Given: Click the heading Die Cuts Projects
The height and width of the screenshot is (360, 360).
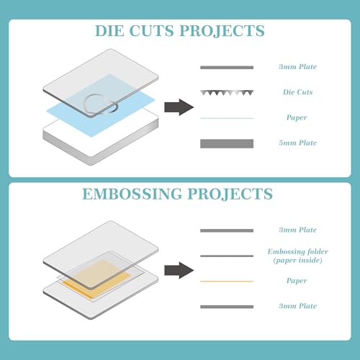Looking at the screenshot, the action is pyautogui.click(x=180, y=31).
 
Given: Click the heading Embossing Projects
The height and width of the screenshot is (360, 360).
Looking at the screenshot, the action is pyautogui.click(x=177, y=194).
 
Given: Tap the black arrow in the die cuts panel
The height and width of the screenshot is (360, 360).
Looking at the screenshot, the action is pyautogui.click(x=179, y=107).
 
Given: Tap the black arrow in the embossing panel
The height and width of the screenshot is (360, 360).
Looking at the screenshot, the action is pyautogui.click(x=179, y=270).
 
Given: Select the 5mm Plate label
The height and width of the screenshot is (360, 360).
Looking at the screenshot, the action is pyautogui.click(x=297, y=143).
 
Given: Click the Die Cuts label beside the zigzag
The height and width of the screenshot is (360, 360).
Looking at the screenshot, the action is pyautogui.click(x=297, y=92).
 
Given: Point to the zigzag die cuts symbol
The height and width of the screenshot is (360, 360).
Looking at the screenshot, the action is pyautogui.click(x=227, y=93).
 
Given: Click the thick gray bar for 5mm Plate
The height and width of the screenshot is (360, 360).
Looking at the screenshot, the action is pyautogui.click(x=227, y=143).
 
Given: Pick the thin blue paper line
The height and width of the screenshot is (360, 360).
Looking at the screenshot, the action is pyautogui.click(x=227, y=118).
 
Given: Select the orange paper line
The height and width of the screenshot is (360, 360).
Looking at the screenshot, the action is pyautogui.click(x=227, y=282).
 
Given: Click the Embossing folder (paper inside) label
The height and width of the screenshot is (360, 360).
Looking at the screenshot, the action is pyautogui.click(x=298, y=256).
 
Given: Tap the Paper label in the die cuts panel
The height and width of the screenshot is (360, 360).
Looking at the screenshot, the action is pyautogui.click(x=297, y=117).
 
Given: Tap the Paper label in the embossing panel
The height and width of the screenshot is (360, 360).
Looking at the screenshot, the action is pyautogui.click(x=297, y=281).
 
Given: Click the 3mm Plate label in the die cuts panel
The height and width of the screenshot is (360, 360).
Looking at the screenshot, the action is pyautogui.click(x=297, y=66).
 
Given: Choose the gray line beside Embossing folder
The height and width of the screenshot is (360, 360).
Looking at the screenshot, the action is pyautogui.click(x=227, y=256).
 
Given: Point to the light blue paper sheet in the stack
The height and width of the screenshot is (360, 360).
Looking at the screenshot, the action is pyautogui.click(x=101, y=106).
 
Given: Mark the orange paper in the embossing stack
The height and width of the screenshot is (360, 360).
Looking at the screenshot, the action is pyautogui.click(x=96, y=279).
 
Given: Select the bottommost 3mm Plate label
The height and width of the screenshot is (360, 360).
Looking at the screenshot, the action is pyautogui.click(x=297, y=306).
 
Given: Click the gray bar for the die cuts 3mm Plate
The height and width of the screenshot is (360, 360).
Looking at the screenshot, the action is pyautogui.click(x=227, y=68).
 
